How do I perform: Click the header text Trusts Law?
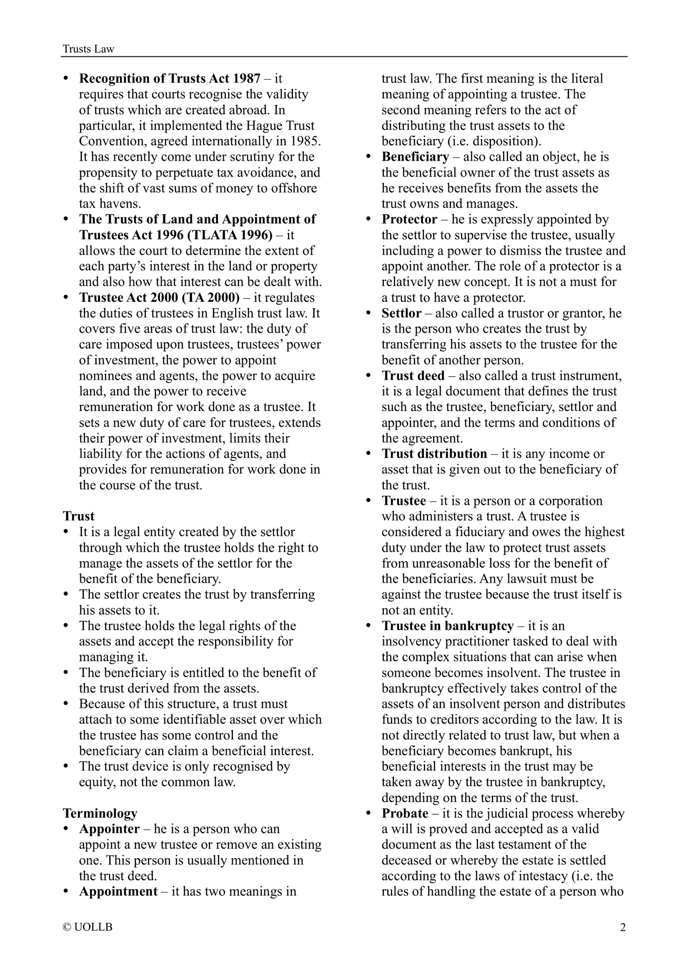tap(89, 49)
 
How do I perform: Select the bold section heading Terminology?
tap(100, 813)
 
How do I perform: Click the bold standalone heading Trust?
tap(79, 516)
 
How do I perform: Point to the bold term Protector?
tap(409, 219)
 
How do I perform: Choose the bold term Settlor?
tap(401, 313)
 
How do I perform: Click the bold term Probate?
tap(405, 813)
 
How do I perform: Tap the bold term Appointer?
tap(109, 829)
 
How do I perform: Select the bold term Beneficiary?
tap(415, 157)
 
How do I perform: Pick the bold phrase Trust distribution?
tap(434, 453)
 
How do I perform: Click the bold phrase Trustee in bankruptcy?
tap(448, 626)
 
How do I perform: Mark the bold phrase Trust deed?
tap(413, 376)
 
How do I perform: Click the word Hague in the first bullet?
tap(264, 125)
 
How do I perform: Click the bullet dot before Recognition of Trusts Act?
tap(67, 78)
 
